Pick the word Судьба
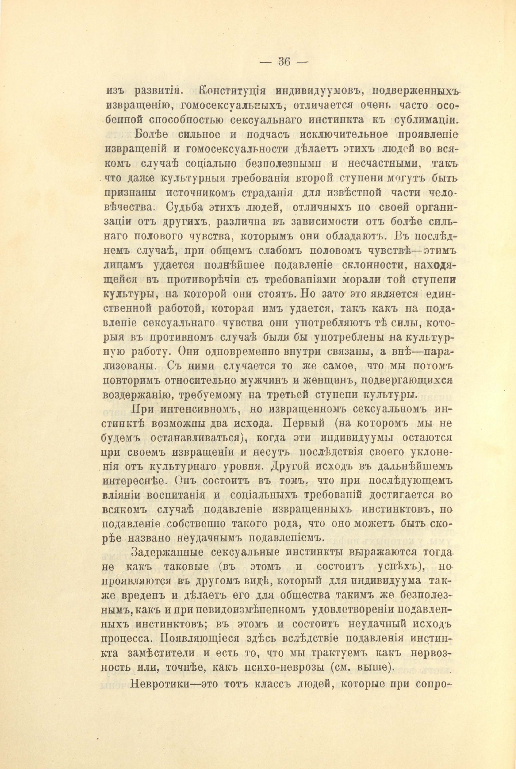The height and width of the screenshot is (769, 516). coord(185,207)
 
